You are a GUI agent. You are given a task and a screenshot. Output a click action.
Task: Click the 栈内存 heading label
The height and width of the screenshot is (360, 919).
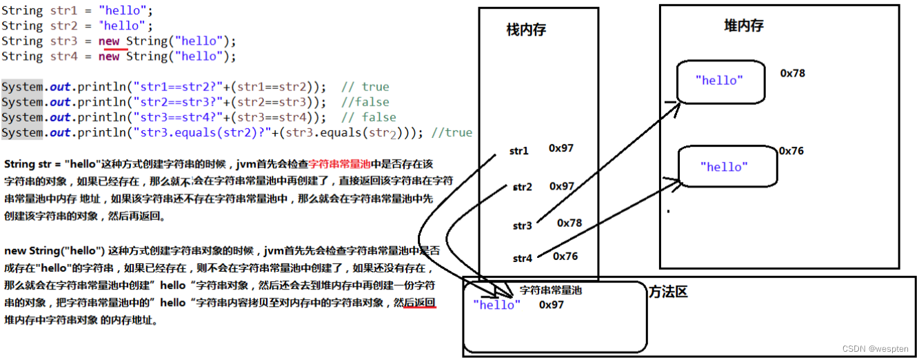526,30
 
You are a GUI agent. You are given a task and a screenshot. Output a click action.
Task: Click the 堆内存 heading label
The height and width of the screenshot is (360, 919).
744,26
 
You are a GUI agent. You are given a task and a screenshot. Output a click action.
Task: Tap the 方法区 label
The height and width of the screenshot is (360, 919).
668,292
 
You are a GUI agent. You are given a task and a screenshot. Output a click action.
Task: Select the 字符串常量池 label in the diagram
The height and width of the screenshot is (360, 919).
550,290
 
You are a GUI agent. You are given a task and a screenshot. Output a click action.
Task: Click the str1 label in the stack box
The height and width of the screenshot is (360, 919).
519,151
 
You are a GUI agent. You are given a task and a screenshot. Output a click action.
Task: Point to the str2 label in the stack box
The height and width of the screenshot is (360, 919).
523,187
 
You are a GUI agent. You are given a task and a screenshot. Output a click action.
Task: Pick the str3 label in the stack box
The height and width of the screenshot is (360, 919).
523,226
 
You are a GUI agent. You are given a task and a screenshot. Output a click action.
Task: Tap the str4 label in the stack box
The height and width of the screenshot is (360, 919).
523,259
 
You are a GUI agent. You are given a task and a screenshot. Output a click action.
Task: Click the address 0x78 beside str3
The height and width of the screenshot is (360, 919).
569,223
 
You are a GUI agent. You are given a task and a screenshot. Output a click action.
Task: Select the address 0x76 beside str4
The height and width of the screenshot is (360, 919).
565,257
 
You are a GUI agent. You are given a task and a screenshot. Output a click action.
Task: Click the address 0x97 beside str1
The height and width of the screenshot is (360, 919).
561,148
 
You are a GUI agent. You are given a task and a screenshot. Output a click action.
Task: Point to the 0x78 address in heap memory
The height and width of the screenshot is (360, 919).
792,73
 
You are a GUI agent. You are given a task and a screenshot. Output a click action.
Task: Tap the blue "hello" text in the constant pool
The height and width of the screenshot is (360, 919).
497,305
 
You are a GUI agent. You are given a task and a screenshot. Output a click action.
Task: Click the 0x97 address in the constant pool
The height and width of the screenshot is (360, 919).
552,305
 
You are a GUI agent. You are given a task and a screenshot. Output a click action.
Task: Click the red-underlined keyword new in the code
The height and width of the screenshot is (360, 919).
109,41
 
